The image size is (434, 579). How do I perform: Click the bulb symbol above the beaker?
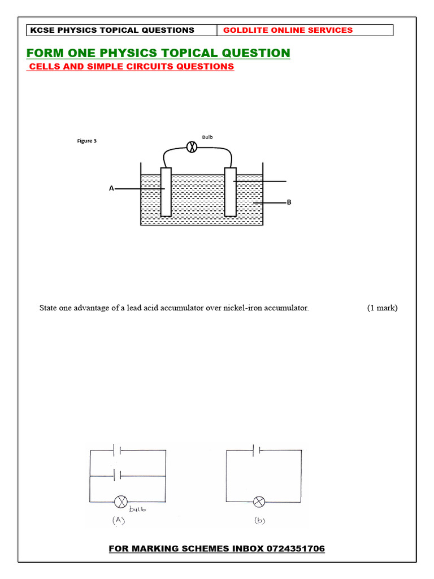[x=192, y=147]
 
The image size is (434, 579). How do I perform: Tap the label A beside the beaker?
[x=111, y=188]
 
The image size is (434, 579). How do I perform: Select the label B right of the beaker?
[x=289, y=202]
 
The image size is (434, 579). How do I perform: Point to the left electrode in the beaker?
[x=166, y=192]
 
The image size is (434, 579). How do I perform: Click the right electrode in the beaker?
[x=230, y=192]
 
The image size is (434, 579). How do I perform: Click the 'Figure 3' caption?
[x=87, y=141]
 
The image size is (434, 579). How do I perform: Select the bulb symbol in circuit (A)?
[x=121, y=502]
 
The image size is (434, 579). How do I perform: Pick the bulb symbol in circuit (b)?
[x=259, y=502]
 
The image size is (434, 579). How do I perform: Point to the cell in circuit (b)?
[x=258, y=450]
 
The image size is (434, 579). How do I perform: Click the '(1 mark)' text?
[x=382, y=308]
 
